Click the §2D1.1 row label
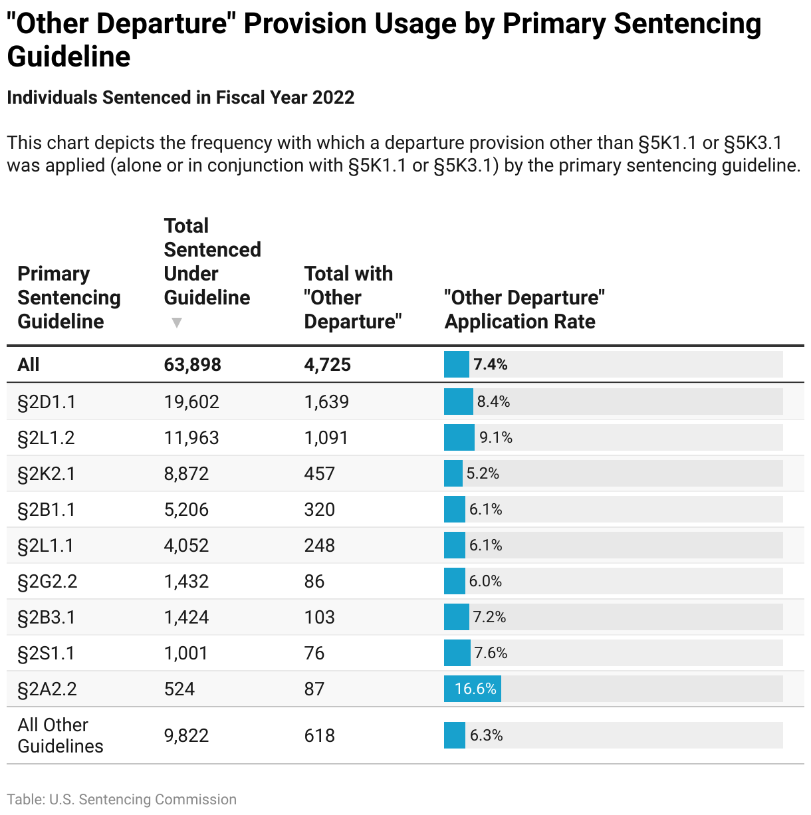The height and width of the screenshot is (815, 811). click(47, 402)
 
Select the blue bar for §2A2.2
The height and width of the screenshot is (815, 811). click(472, 689)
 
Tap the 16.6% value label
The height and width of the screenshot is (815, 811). click(475, 689)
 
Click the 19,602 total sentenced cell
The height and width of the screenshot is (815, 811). click(191, 402)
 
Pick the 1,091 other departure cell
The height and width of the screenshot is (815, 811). click(326, 437)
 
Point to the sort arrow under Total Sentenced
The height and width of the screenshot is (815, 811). click(176, 323)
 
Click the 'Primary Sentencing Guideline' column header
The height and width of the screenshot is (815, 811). click(69, 297)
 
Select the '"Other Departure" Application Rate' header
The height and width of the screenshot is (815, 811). click(524, 309)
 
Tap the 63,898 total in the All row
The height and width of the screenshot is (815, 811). click(193, 364)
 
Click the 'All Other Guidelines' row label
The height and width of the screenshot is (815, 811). click(60, 735)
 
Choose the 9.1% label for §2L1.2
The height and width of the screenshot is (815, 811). click(496, 437)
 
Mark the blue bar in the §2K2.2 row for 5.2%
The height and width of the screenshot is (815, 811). click(453, 473)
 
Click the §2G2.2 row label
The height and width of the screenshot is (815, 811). click(47, 581)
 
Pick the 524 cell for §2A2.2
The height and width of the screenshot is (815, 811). click(179, 689)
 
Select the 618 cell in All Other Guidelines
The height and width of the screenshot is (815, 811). click(320, 735)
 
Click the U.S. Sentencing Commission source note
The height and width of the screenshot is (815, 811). click(122, 799)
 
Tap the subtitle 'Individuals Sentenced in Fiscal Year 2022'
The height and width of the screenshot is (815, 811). click(180, 98)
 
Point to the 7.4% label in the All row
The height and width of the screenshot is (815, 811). click(491, 364)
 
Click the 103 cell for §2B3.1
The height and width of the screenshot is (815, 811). click(320, 617)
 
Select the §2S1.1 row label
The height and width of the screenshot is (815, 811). click(46, 653)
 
